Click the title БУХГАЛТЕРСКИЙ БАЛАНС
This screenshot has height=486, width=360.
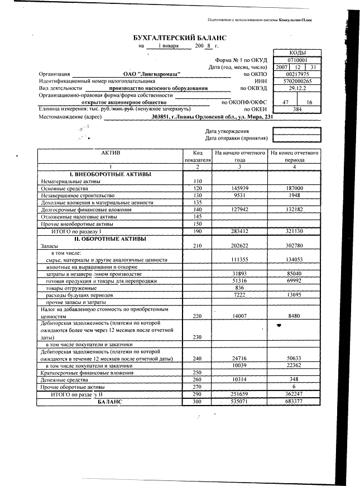click(x=180, y=37)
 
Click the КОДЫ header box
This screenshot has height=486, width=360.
click(x=296, y=52)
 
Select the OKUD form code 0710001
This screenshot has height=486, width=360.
click(x=296, y=59)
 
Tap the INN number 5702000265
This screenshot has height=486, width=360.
click(x=296, y=81)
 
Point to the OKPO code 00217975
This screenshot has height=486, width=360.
click(x=296, y=74)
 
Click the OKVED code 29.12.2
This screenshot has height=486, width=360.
click(x=296, y=88)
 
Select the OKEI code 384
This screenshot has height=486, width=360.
click(x=296, y=110)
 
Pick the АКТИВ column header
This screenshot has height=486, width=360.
click(x=111, y=153)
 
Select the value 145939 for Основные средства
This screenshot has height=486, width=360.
click(x=239, y=189)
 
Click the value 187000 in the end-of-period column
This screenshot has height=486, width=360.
click(x=294, y=189)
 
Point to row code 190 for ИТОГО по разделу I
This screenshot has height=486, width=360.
click(x=197, y=231)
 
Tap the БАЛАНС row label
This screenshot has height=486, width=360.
click(x=109, y=402)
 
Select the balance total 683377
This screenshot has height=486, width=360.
click(x=294, y=402)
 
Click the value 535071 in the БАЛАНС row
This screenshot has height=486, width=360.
click(x=239, y=402)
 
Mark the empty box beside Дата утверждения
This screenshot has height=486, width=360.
click(x=296, y=131)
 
